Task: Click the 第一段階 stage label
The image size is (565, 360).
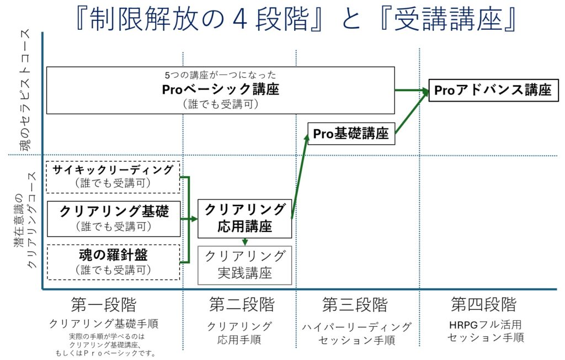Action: [104, 305]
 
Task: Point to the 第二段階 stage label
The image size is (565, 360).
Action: [242, 304]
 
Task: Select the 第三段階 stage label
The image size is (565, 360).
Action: [355, 305]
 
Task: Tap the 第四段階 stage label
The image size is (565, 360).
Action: [484, 304]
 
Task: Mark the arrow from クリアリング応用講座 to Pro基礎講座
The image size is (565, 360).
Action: [300, 176]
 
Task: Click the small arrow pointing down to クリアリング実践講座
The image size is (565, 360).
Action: [244, 242]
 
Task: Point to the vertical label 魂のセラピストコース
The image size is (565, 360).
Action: [25, 91]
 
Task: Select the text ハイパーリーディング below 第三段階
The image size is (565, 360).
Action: [357, 327]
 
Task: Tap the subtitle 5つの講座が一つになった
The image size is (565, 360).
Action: [221, 75]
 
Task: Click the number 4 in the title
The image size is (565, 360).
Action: [240, 19]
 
